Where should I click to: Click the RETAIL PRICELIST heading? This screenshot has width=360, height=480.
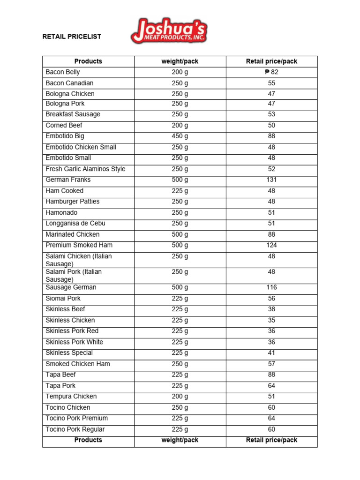pyautogui.click(x=72, y=37)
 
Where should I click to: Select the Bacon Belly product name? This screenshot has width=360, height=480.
pyautogui.click(x=63, y=72)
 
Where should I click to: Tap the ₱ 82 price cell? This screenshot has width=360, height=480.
pyautogui.click(x=271, y=72)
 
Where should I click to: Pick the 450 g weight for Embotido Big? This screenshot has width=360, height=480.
pyautogui.click(x=180, y=136)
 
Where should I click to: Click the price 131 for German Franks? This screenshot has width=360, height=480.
pyautogui.click(x=271, y=180)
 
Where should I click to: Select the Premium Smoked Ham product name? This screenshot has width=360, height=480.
pyautogui.click(x=79, y=245)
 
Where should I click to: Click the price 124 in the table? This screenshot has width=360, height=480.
pyautogui.click(x=271, y=245)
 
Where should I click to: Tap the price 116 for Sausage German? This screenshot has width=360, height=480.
pyautogui.click(x=271, y=287)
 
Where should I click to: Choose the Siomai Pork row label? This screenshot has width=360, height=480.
pyautogui.click(x=63, y=299)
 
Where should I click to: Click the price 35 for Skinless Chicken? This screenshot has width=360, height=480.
pyautogui.click(x=271, y=321)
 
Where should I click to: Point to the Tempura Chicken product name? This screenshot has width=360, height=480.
pyautogui.click(x=71, y=397)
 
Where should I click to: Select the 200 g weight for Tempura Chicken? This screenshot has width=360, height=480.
pyautogui.click(x=180, y=397)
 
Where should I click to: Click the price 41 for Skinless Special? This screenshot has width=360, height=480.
pyautogui.click(x=271, y=353)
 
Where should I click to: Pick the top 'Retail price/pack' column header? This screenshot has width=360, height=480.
pyautogui.click(x=271, y=61)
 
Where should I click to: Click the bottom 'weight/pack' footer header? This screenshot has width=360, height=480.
pyautogui.click(x=180, y=440)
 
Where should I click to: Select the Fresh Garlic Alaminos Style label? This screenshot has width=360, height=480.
pyautogui.click(x=85, y=169)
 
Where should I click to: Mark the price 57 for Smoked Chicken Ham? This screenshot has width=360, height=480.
pyautogui.click(x=271, y=364)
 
